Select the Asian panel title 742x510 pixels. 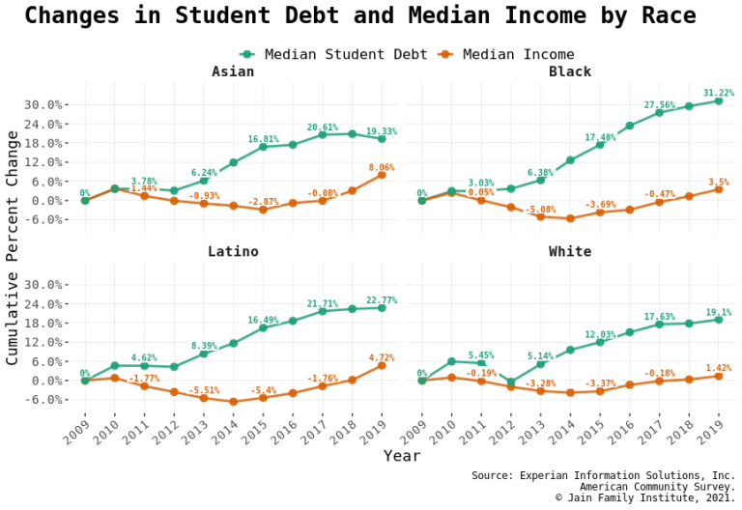(233, 72)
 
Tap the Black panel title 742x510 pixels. (569, 72)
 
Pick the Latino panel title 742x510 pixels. (233, 252)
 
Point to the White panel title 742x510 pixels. (569, 252)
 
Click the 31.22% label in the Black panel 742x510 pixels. (718, 94)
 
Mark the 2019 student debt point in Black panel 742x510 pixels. (718, 101)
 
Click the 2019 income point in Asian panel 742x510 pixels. (382, 175)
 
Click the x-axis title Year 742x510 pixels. (401, 455)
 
